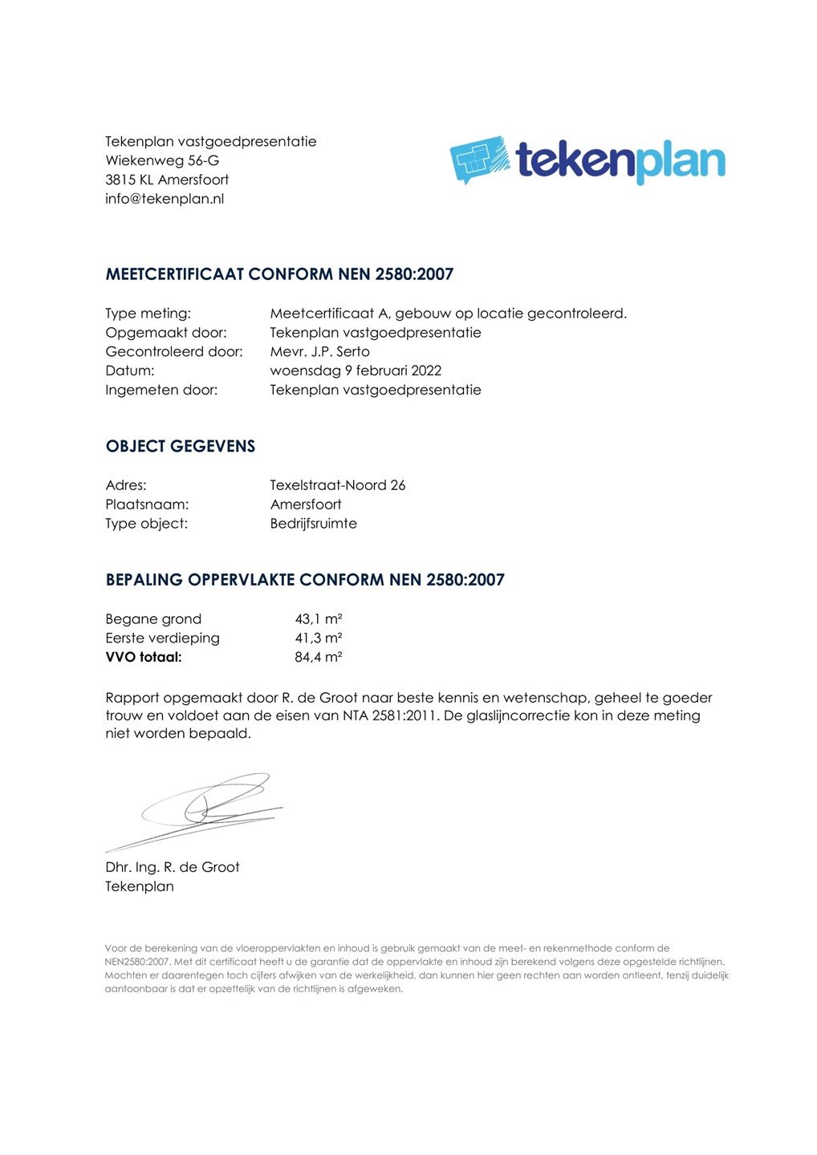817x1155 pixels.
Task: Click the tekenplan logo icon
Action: [480, 159]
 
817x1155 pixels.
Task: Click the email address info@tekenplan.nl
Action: [165, 199]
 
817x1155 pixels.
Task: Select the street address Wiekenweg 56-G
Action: [162, 160]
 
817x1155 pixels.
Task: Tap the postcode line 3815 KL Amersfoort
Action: [167, 180]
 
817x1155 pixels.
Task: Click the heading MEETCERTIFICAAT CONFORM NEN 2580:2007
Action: [279, 274]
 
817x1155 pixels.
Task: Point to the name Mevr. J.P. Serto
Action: [319, 351]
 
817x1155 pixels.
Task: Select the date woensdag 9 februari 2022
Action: [356, 371]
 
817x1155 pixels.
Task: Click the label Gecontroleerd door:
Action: [173, 351]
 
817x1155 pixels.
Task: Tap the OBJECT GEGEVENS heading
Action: [180, 447]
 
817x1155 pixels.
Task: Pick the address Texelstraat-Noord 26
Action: [338, 485]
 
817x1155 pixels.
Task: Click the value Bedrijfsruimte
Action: [313, 524]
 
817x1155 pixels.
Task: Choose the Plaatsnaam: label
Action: [147, 505]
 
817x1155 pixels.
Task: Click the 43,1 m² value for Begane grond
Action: [319, 619]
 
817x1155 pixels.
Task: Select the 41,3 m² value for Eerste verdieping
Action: [319, 638]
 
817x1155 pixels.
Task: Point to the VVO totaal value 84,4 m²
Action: [319, 658]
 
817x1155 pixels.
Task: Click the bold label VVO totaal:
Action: [144, 658]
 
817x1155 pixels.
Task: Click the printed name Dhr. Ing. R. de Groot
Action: [173, 867]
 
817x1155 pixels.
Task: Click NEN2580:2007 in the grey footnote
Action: [137, 962]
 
